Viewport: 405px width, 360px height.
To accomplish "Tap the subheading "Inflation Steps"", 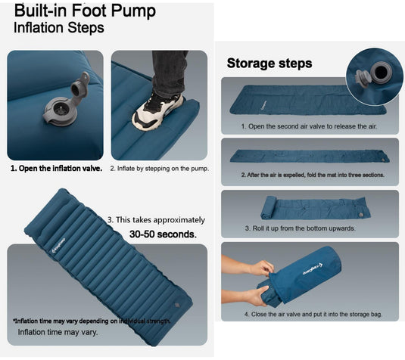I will [x=59, y=27].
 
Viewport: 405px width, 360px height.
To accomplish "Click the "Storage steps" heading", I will [x=269, y=64].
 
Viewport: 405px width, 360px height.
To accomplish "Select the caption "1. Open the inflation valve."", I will [x=56, y=168].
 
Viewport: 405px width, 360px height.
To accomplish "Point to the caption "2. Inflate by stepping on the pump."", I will [x=159, y=168].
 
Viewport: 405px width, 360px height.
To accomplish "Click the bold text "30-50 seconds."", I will [x=163, y=234].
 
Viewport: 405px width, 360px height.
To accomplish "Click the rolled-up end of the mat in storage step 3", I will [x=269, y=206].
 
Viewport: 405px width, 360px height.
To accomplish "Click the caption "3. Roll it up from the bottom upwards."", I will [x=310, y=228].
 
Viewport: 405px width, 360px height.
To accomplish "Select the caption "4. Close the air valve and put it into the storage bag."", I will [x=310, y=313].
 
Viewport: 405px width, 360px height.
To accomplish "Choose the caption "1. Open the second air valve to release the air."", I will [x=309, y=126].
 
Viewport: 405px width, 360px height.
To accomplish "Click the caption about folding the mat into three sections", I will [x=313, y=175].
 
